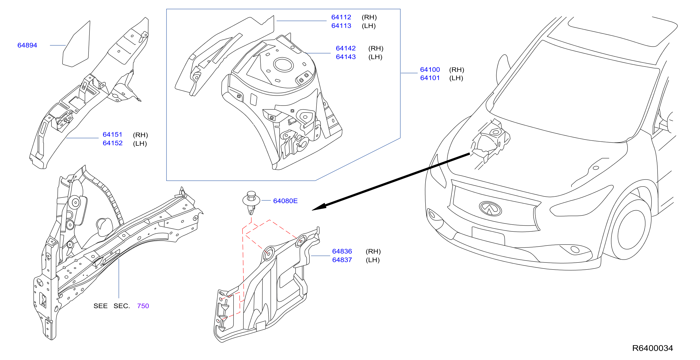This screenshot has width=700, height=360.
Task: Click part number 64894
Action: point(27,45)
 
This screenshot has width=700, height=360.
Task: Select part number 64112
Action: point(341,17)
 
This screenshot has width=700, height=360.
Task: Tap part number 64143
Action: point(346,57)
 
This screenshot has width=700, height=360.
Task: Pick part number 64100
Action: point(430,70)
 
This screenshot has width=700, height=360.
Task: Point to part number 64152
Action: point(113,143)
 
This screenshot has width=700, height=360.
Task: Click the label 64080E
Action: point(285,201)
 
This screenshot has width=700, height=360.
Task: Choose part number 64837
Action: point(342,260)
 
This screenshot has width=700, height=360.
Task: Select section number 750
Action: point(143,306)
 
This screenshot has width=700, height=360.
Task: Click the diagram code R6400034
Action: point(652,348)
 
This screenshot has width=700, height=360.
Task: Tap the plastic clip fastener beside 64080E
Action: point(251,202)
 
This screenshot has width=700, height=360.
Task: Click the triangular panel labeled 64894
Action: point(76,44)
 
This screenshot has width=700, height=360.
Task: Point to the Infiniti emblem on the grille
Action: point(491,209)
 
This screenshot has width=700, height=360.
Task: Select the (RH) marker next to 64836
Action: point(373,252)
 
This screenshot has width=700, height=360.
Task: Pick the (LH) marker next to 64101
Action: point(456,78)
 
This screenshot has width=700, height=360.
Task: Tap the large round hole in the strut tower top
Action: point(283,65)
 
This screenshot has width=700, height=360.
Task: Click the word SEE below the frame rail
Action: point(101,306)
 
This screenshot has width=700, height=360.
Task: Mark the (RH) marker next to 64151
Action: point(140,135)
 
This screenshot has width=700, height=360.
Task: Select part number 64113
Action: point(341,26)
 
